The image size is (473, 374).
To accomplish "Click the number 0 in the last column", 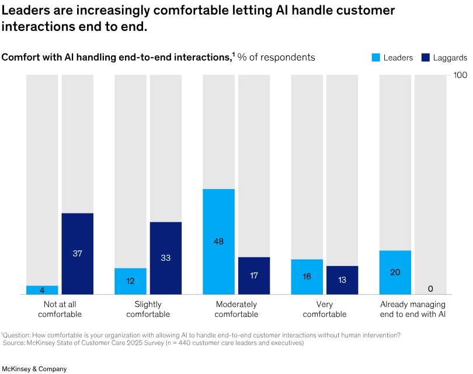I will (430, 288).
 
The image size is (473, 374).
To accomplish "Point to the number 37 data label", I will (77, 254).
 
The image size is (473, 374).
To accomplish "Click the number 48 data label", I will (218, 241).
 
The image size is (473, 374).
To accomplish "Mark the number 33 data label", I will (165, 257).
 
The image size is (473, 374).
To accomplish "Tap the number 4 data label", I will (42, 290).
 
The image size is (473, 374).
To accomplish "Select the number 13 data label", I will (342, 279).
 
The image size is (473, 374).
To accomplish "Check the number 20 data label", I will (395, 272).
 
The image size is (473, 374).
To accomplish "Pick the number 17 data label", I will (254, 275).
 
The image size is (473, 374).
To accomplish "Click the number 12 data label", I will (130, 281).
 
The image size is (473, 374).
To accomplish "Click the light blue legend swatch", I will (376, 58).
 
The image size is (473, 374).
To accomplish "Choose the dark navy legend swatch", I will (425, 58).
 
